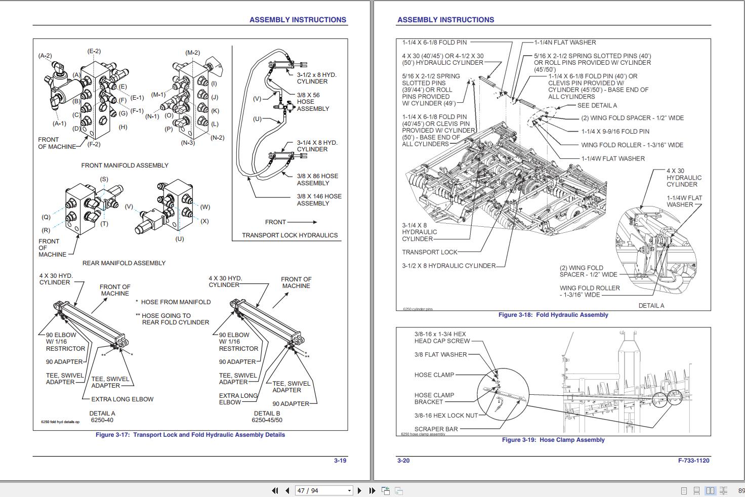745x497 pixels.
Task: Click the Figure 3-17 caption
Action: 190,435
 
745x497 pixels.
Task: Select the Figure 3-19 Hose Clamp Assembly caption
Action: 553,440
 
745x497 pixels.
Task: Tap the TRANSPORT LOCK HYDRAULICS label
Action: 289,235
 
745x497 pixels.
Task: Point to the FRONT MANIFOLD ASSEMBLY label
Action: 125,165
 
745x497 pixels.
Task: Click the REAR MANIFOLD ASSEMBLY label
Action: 124,263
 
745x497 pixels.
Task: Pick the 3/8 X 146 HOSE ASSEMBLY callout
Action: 319,200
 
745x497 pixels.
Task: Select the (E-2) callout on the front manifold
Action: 94,51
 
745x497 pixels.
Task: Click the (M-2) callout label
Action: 193,53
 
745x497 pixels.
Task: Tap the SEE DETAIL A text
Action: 597,106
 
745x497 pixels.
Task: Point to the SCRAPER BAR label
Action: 436,429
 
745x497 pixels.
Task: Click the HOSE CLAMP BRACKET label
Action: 434,399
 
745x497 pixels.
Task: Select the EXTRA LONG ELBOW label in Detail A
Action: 122,399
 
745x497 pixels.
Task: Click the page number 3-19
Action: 340,461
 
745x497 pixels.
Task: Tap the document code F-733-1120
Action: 693,461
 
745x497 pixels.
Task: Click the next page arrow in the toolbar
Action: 359,490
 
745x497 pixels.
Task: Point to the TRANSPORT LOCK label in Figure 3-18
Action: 429,252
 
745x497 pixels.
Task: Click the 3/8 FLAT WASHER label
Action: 440,355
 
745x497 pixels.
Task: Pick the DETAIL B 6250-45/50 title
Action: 267,417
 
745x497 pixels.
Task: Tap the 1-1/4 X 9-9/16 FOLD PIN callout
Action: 615,132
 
